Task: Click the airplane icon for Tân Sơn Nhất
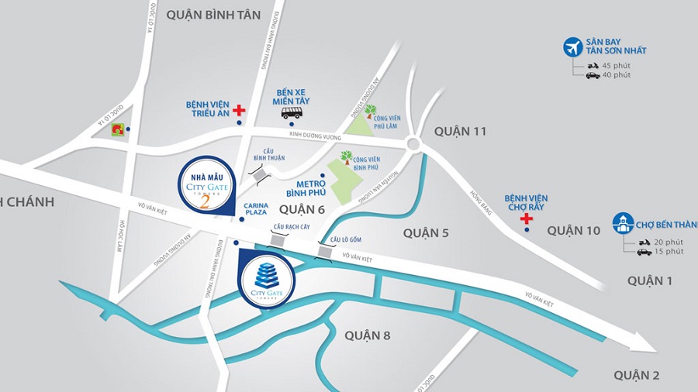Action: tap(573, 46)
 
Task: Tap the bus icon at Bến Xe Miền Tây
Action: tap(292, 114)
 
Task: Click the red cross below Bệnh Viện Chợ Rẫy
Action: tap(527, 219)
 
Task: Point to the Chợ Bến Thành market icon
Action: tap(623, 223)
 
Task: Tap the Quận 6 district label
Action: tap(301, 209)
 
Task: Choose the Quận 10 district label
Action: tap(573, 230)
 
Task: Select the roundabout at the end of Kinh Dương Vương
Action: tap(412, 144)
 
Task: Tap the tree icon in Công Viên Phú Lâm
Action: tap(371, 112)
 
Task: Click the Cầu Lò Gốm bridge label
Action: tap(346, 239)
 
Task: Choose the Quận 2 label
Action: tap(636, 376)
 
